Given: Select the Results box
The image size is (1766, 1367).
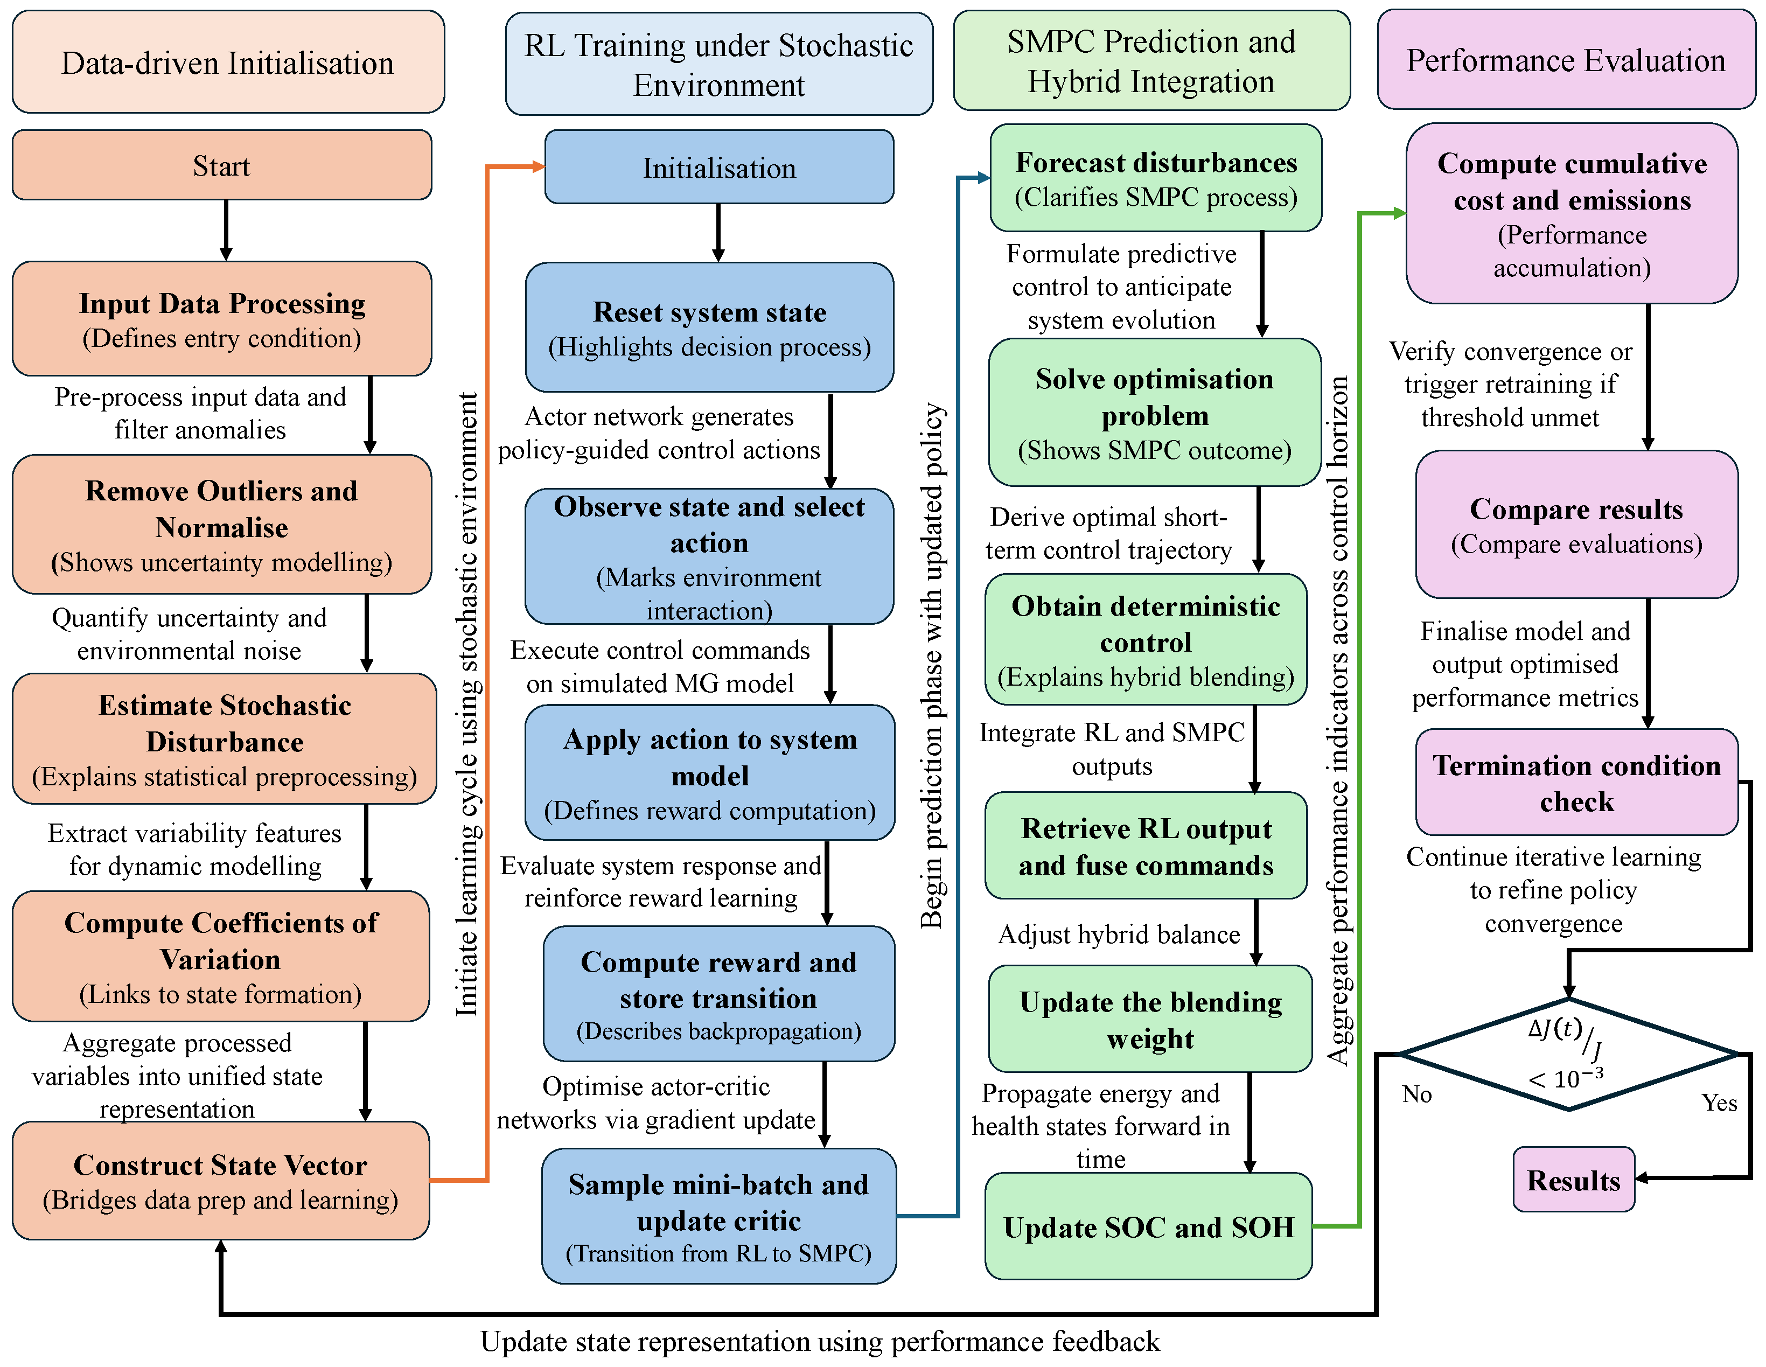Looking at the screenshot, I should coord(1573,1180).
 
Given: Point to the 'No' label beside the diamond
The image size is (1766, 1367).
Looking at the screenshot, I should coord(1416,1094).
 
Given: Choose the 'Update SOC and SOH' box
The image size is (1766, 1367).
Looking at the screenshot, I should coord(1148,1226).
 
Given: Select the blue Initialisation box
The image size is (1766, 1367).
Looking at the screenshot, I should coord(719,168).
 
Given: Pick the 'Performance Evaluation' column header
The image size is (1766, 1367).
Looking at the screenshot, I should coord(1566,61).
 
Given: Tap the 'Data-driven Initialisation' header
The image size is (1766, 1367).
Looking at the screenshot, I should coord(228,62).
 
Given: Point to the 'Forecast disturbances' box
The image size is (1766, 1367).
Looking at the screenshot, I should coord(1155,178).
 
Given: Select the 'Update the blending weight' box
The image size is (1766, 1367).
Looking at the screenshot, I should coord(1150,1019).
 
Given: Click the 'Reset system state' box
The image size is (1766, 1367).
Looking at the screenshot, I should coord(709,327).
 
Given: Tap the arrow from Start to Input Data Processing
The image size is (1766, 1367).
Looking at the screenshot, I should coord(226,230).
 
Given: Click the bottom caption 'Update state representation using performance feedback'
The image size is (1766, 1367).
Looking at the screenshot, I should coord(819,1341).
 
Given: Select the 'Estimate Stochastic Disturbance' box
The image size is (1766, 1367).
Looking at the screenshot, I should coord(224,738).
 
